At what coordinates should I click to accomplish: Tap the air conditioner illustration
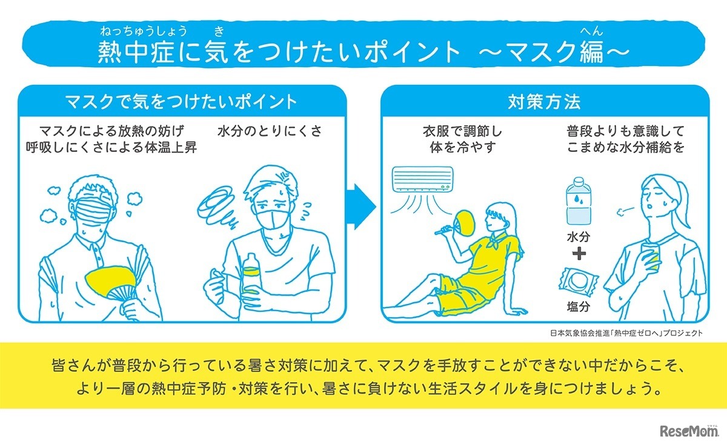422,180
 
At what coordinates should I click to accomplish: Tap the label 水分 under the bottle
579,235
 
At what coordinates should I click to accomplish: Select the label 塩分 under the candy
579,306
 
